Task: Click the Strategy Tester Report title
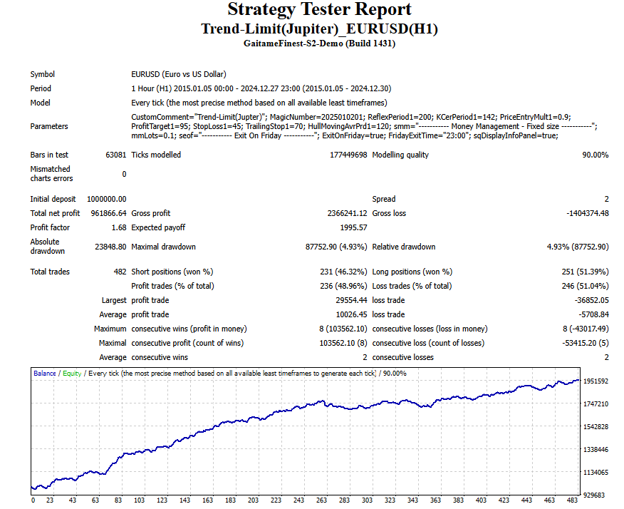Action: (x=319, y=10)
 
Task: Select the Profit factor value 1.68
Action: (x=118, y=227)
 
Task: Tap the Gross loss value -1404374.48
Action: (x=583, y=213)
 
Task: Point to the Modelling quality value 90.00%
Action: (x=593, y=155)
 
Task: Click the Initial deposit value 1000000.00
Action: (x=107, y=199)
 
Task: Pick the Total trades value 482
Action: (x=118, y=272)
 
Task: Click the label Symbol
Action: (x=42, y=74)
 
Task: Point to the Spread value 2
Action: (x=606, y=199)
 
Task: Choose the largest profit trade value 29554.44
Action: (x=347, y=300)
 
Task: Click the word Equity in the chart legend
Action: (x=71, y=373)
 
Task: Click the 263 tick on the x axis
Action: (x=321, y=500)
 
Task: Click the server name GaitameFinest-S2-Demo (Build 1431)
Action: (x=319, y=43)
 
